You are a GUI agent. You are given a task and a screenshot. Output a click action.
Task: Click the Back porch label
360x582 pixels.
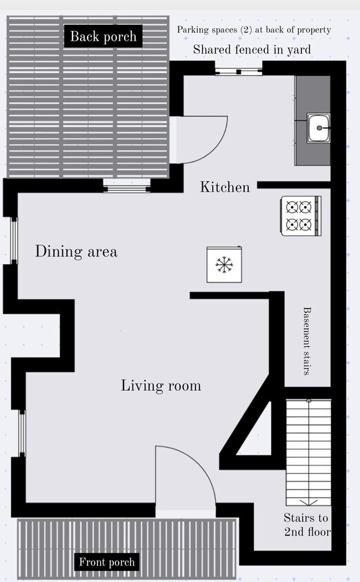tap(103, 37)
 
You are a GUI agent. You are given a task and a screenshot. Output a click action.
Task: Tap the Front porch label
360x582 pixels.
tap(106, 562)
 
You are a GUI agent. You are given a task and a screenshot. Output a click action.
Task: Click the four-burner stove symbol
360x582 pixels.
tap(301, 215)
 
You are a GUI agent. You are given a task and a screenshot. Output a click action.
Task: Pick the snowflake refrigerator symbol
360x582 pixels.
tap(224, 264)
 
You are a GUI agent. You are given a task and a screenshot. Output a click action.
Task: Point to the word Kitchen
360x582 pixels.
tap(225, 186)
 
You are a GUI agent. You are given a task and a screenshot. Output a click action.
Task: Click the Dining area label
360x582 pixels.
tap(76, 252)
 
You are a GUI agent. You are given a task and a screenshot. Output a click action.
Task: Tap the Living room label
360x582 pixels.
tap(161, 385)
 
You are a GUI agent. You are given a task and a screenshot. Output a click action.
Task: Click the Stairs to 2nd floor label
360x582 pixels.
tap(307, 524)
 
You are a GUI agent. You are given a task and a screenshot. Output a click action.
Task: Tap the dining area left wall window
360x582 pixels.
tap(14, 240)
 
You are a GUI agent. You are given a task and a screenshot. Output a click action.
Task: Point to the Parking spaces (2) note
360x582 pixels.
tap(254, 30)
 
